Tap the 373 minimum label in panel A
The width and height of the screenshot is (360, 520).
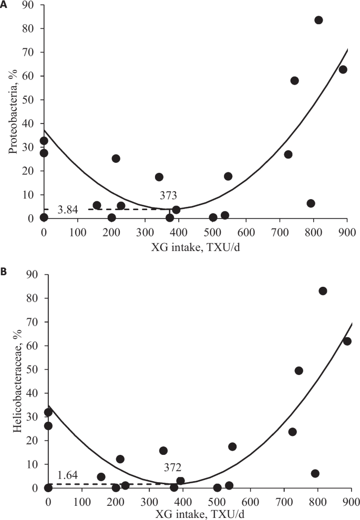click(x=168, y=195)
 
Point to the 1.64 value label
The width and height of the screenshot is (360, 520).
click(x=68, y=476)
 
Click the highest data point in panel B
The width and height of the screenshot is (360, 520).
click(x=323, y=291)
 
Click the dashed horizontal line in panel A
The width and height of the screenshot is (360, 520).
click(x=121, y=209)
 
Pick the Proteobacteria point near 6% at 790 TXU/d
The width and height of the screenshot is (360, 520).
click(x=311, y=203)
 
